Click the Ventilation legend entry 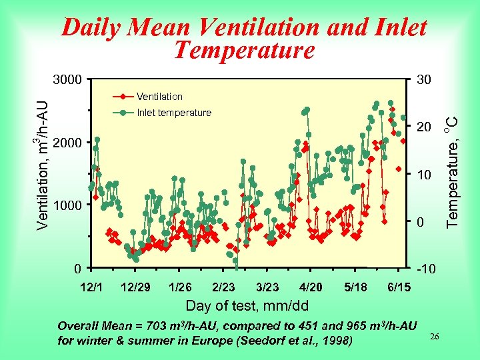pyautogui.click(x=159, y=97)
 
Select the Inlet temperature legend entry pyautogui.click(x=173, y=113)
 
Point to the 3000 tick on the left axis pyautogui.click(x=67, y=80)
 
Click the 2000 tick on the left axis pyautogui.click(x=67, y=143)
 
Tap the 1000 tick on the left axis pyautogui.click(x=67, y=205)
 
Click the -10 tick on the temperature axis pyautogui.click(x=424, y=269)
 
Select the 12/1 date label pyautogui.click(x=91, y=287)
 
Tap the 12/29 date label pyautogui.click(x=135, y=287)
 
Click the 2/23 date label pyautogui.click(x=223, y=287)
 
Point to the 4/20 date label pyautogui.click(x=311, y=287)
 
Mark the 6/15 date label pyautogui.click(x=399, y=287)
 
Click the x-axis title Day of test pyautogui.click(x=247, y=306)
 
